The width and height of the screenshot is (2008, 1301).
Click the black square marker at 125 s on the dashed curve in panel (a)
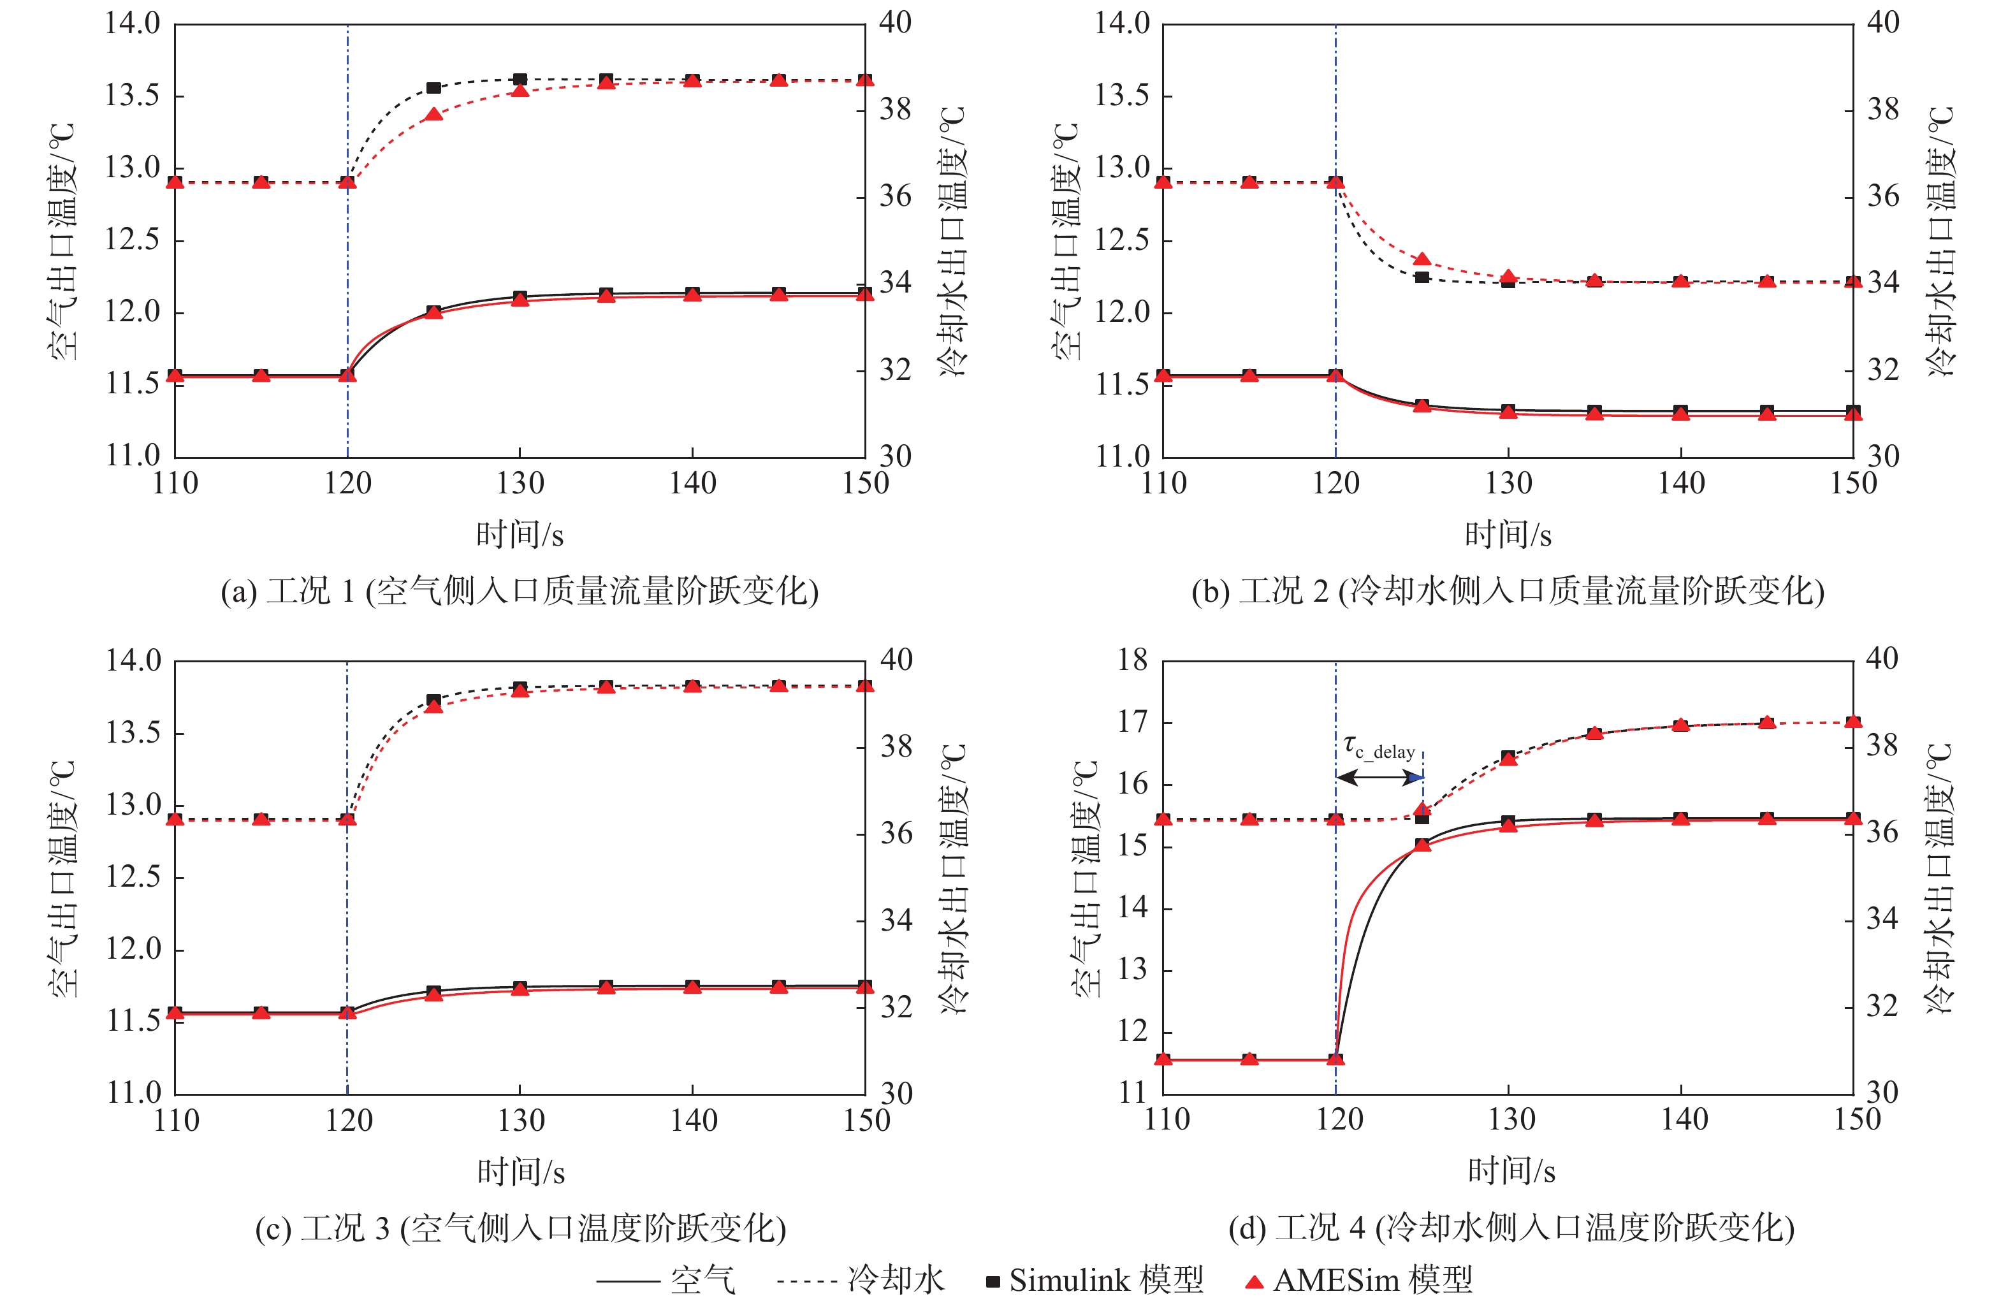[433, 88]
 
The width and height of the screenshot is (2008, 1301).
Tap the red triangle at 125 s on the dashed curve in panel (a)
[433, 114]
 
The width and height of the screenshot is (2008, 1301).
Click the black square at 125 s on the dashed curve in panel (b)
[1422, 277]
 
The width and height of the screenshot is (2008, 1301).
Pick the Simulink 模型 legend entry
[1095, 1280]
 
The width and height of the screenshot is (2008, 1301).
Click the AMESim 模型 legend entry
[1360, 1280]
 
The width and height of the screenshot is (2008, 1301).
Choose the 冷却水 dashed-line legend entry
[861, 1280]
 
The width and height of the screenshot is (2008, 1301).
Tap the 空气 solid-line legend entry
[667, 1280]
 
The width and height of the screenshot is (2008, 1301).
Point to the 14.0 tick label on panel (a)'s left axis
[133, 24]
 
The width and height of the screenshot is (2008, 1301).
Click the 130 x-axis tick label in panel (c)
[521, 1121]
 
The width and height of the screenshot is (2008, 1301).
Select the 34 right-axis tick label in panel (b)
[1883, 282]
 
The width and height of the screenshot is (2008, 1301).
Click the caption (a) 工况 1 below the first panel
[519, 591]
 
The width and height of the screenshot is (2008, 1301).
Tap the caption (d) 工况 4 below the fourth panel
[1510, 1228]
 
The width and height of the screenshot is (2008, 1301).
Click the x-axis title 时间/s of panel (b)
[1508, 534]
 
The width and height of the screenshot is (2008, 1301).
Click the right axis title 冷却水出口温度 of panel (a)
[954, 240]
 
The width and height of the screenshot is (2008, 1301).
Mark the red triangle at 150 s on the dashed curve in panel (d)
[1852, 722]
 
